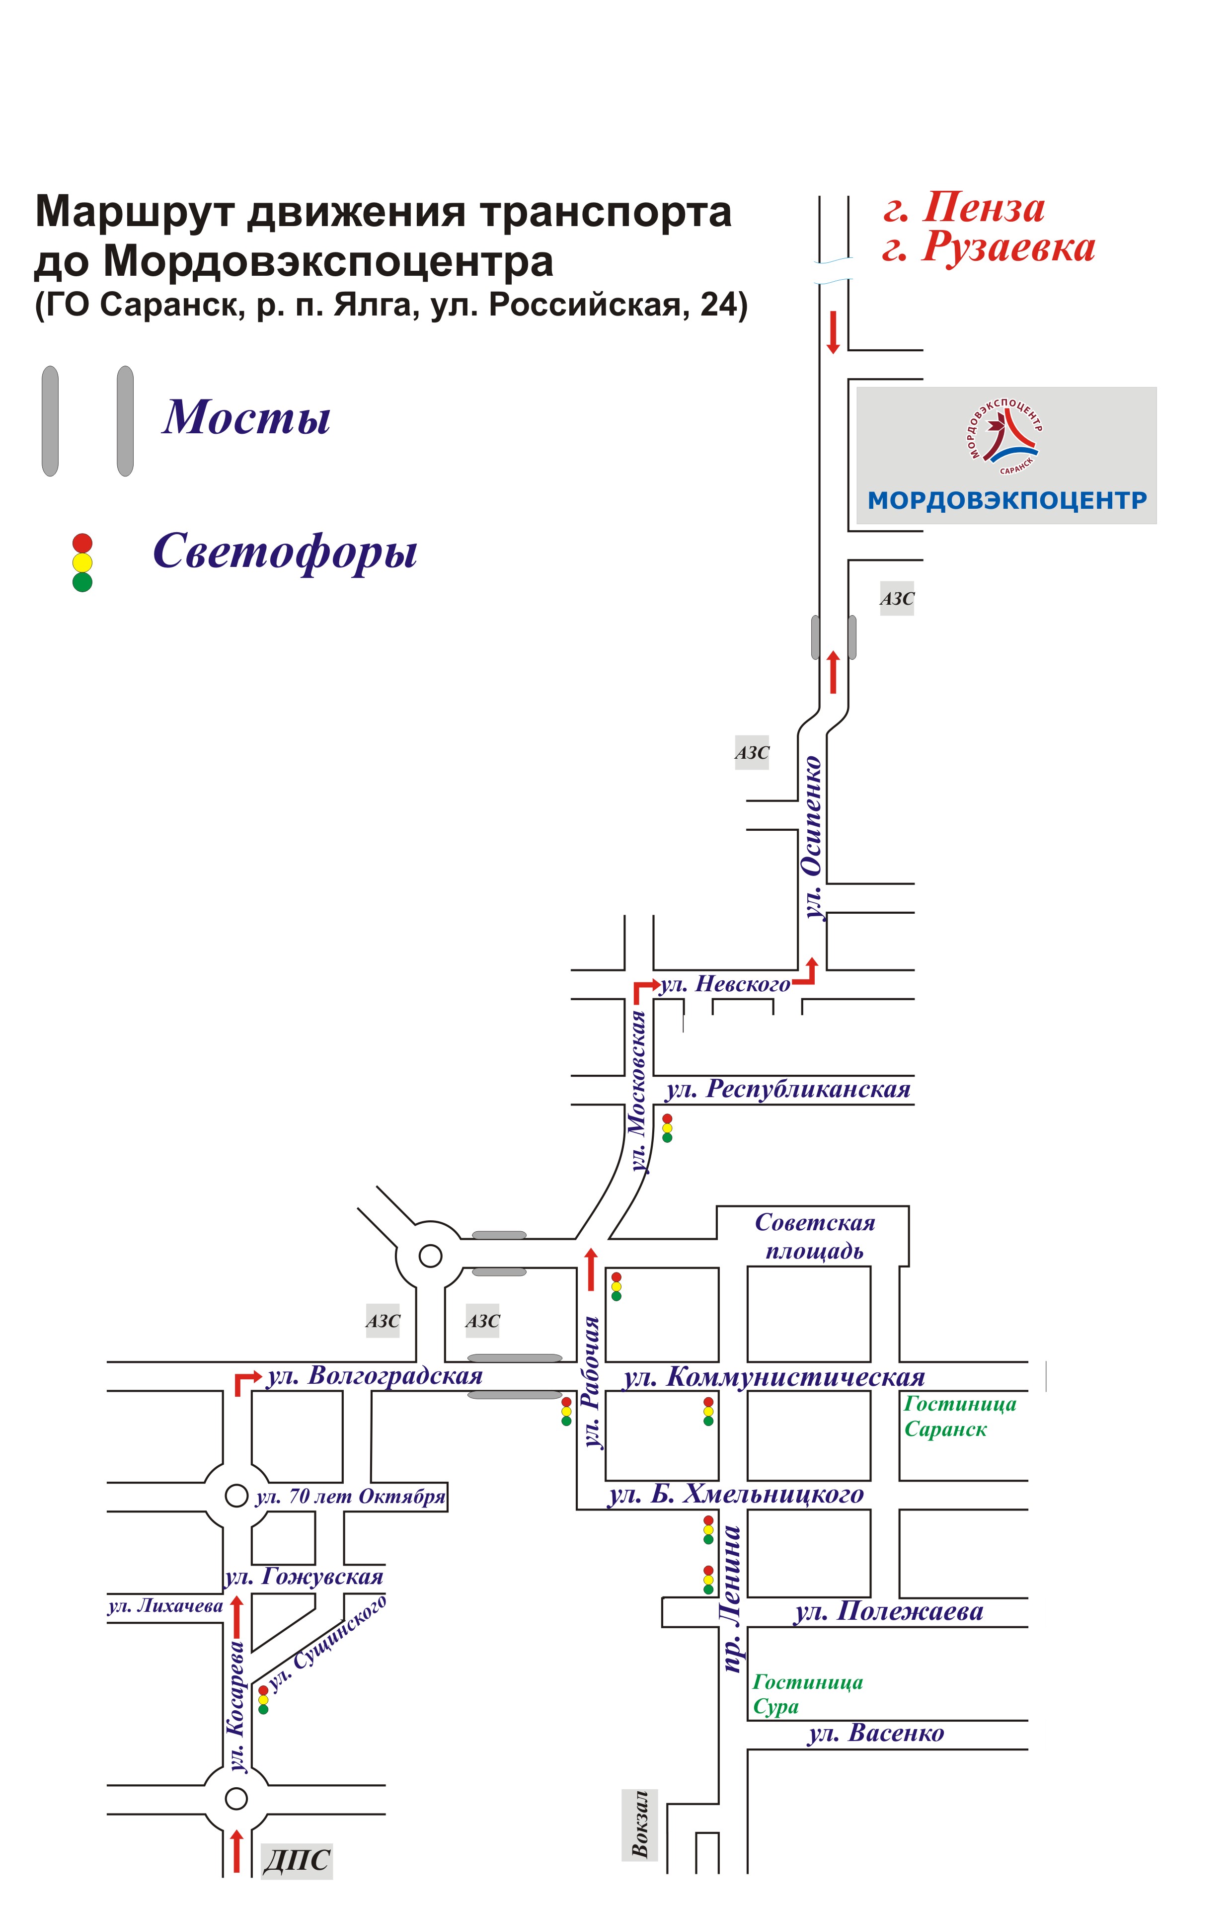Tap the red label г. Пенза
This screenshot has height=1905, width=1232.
[x=965, y=208]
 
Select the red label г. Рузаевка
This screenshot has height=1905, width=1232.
[x=989, y=247]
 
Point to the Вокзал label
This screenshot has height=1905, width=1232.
[x=640, y=1824]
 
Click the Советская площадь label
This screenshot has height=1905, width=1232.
[x=815, y=1236]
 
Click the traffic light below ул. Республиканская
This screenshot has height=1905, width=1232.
[x=667, y=1128]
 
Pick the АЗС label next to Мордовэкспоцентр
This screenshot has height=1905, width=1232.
[x=897, y=598]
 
